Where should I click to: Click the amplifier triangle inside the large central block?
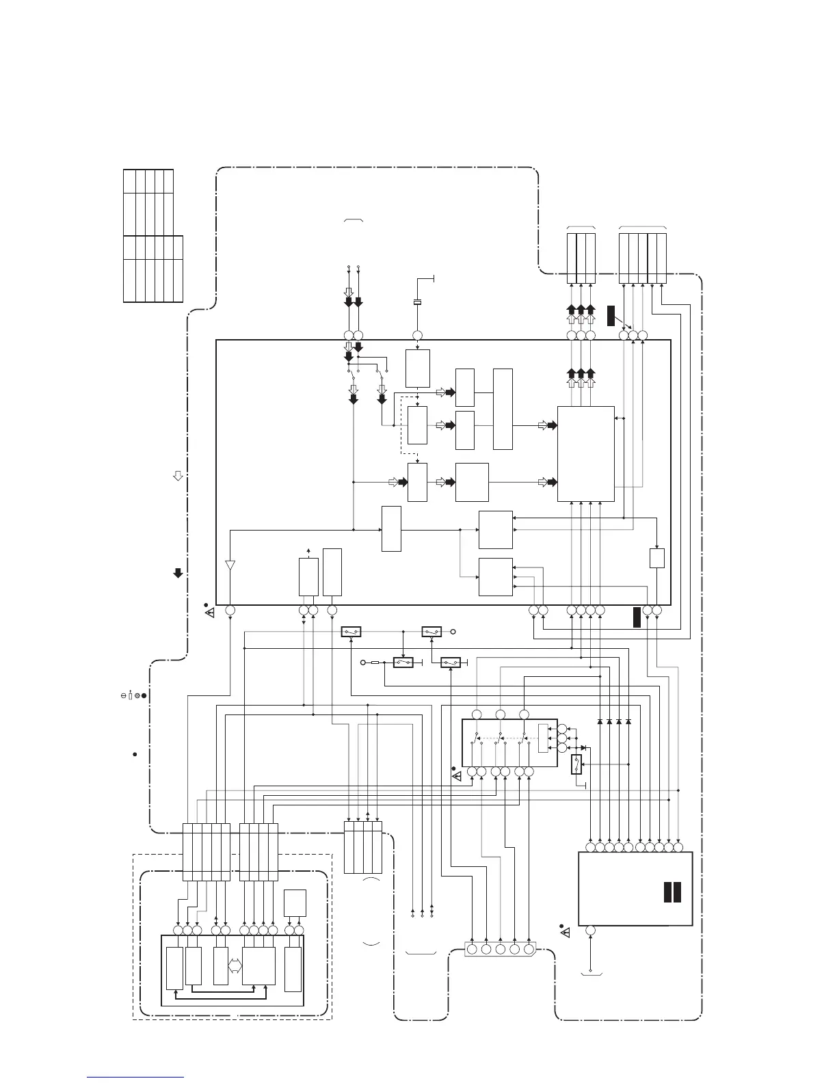[x=230, y=566]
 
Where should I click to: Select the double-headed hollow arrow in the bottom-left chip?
[x=235, y=965]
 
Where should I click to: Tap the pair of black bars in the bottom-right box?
[x=672, y=892]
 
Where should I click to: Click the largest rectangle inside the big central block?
[x=585, y=453]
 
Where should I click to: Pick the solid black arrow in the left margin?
[x=178, y=573]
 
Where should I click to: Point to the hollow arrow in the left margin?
[x=178, y=475]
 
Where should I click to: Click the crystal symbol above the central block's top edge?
[x=417, y=302]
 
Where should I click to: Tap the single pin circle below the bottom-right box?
[x=590, y=931]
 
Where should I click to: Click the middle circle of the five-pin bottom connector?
[x=500, y=949]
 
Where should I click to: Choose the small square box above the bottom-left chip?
[x=295, y=902]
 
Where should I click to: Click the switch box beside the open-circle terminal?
[x=432, y=631]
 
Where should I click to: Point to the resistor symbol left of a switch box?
[x=375, y=663]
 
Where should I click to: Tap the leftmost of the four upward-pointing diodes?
[x=600, y=721]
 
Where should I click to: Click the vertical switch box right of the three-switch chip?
[x=576, y=765]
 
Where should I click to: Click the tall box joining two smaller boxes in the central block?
[x=503, y=409]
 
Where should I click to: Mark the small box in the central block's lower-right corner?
[x=656, y=558]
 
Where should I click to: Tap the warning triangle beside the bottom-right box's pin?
[x=563, y=932]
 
